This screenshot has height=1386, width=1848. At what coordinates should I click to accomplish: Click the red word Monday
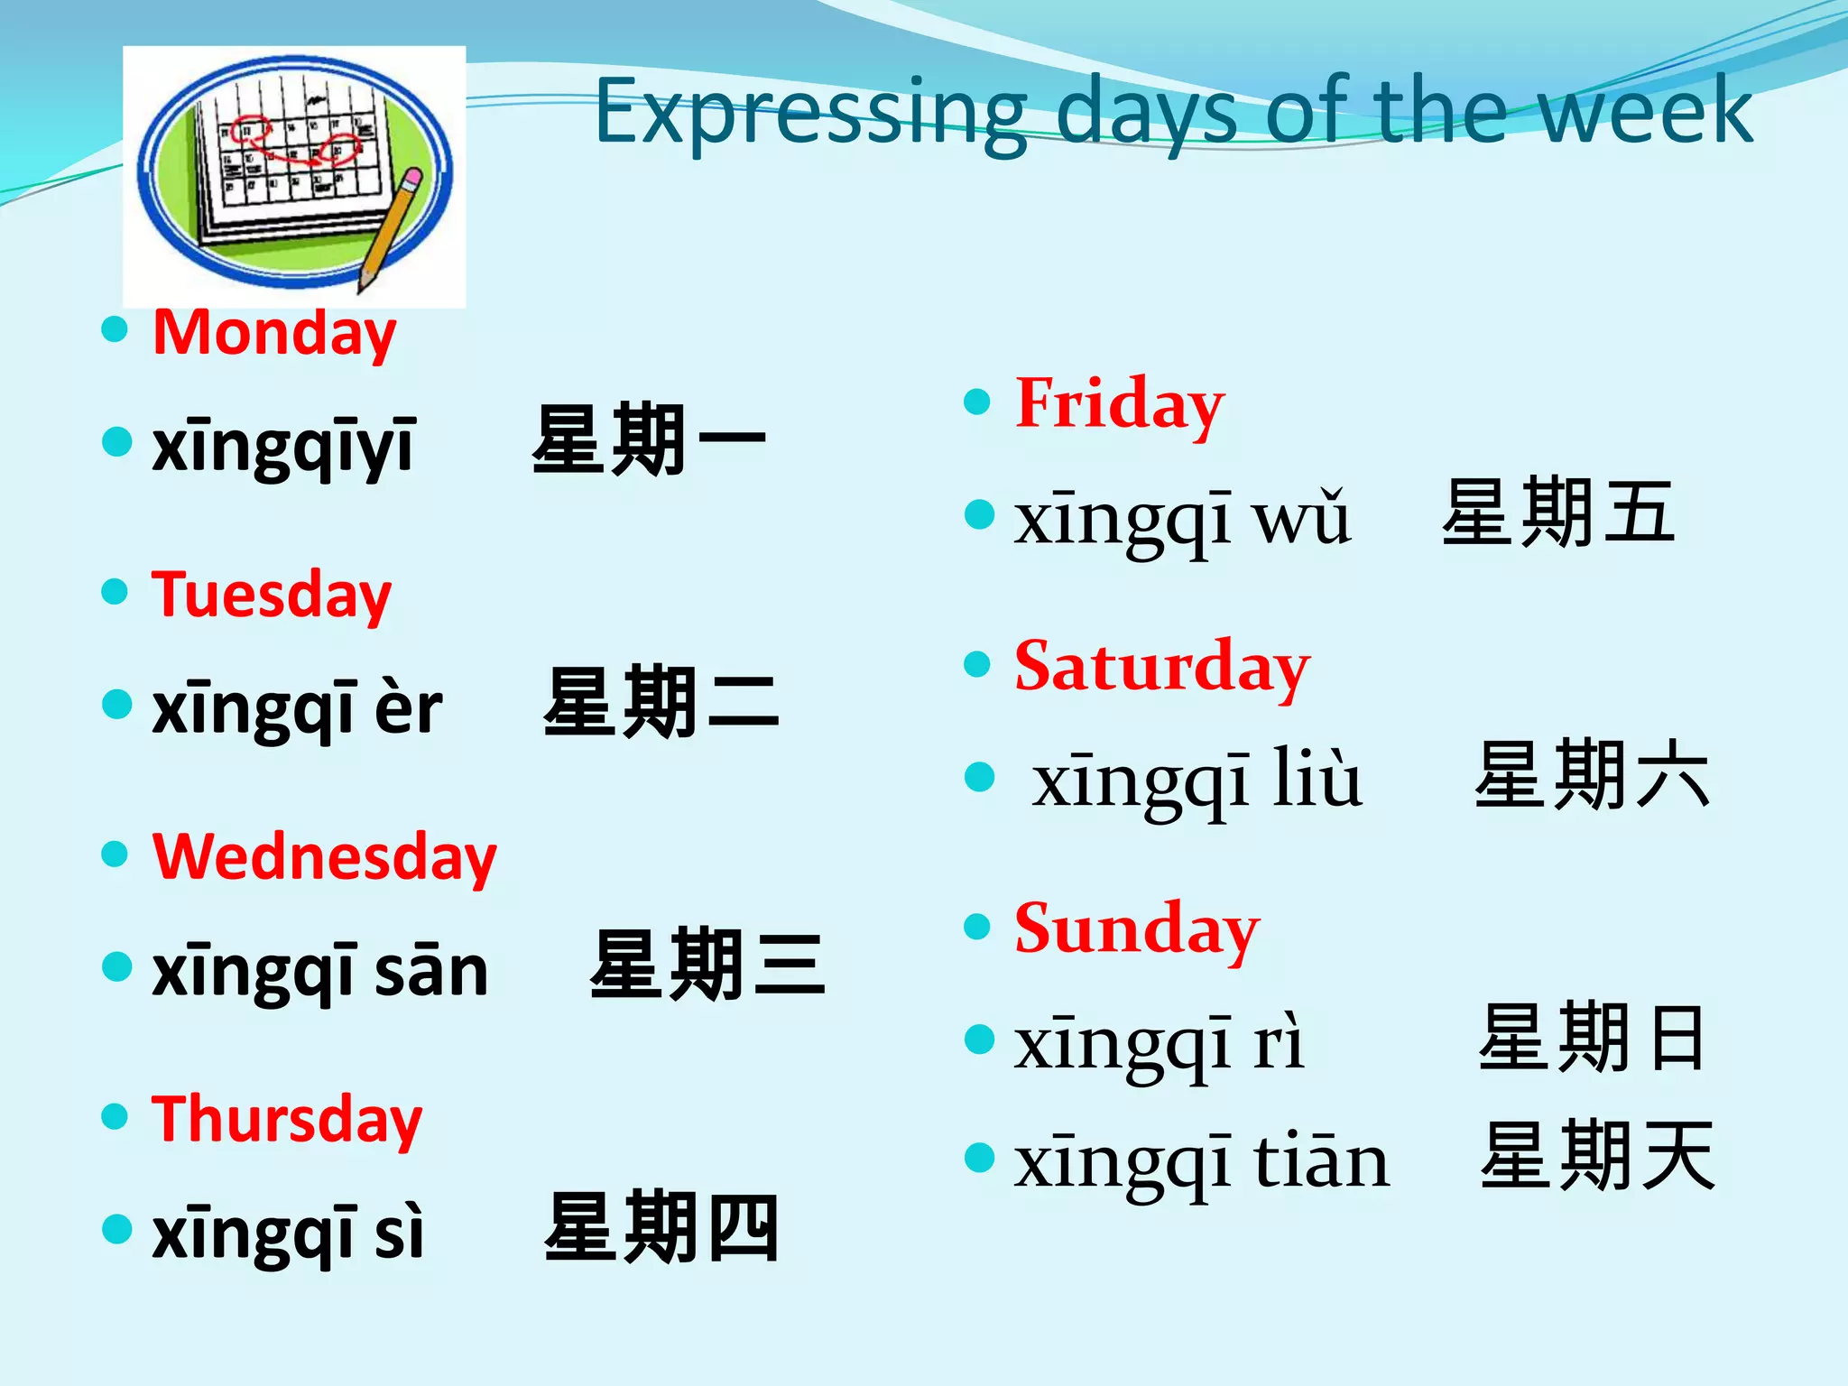[x=273, y=333]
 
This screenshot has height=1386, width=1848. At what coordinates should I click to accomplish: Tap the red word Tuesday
[x=271, y=595]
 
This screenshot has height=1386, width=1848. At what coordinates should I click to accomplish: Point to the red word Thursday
[x=286, y=1119]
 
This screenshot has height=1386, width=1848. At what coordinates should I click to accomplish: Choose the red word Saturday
[x=1161, y=666]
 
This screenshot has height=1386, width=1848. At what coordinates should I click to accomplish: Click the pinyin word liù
[x=1317, y=778]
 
